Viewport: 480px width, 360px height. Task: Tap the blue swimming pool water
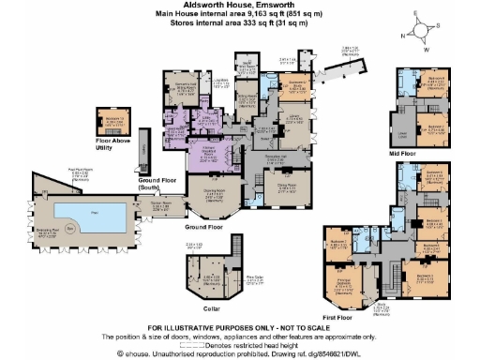(x=84, y=216)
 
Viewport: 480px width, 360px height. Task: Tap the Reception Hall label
(x=274, y=157)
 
